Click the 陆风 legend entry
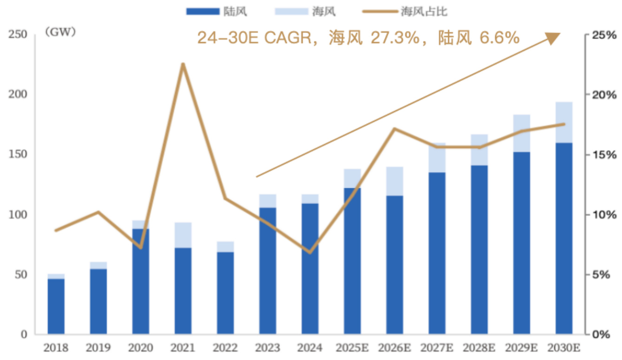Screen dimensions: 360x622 click(x=217, y=12)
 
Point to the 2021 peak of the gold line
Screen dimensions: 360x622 click(x=183, y=64)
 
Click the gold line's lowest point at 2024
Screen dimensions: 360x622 click(x=310, y=253)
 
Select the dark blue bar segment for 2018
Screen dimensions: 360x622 click(x=56, y=306)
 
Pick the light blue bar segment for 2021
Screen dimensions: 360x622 click(x=183, y=235)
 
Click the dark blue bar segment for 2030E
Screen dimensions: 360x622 click(x=564, y=238)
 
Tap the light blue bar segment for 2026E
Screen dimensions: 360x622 click(x=395, y=181)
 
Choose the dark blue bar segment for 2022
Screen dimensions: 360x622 click(x=225, y=293)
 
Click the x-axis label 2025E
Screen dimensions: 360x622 click(x=352, y=348)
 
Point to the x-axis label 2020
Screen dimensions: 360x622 click(x=141, y=348)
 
